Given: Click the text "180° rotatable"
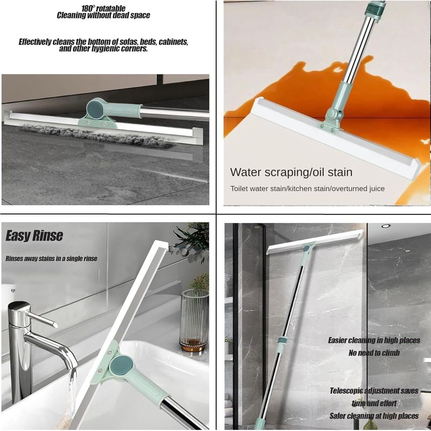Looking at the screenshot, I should point(103,9).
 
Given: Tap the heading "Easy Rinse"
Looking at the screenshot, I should point(34,236).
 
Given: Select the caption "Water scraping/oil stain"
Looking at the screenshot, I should point(291,172).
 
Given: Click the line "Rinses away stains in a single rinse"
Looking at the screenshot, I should point(51,259).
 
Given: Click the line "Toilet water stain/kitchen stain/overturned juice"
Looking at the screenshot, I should point(307,189).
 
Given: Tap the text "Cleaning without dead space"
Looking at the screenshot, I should point(103,16).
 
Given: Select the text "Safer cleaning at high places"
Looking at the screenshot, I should point(374,416).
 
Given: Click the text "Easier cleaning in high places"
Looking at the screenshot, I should point(374,340).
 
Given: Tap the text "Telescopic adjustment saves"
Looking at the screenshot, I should point(374,391).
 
